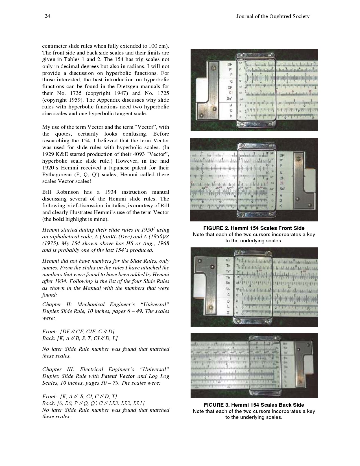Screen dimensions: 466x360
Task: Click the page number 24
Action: click(47, 16)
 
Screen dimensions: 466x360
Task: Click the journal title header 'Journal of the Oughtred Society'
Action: click(272, 16)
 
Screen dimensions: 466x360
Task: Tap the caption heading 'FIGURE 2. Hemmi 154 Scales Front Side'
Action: click(254, 228)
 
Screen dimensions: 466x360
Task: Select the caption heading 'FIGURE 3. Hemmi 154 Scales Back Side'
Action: click(254, 405)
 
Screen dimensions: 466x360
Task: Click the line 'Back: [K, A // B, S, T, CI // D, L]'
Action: click(80, 338)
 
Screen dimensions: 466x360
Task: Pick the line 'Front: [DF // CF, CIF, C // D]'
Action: click(78, 331)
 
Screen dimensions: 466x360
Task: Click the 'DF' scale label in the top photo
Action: click(230, 65)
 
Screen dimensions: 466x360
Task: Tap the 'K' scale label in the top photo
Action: click(231, 116)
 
